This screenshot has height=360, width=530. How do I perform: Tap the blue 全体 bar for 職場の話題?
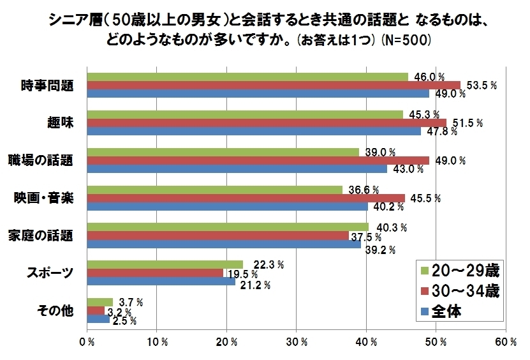(237, 169)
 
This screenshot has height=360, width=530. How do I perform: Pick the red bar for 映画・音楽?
(246, 198)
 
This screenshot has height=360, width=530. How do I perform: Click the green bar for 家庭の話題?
(227, 227)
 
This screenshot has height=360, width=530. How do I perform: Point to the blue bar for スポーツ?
(161, 281)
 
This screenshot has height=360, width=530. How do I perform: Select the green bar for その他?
(99, 302)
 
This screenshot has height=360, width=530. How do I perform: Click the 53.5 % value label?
(482, 85)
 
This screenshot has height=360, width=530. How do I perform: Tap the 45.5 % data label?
(425, 198)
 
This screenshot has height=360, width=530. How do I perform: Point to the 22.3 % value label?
(268, 264)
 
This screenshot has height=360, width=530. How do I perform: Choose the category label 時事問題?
(47, 86)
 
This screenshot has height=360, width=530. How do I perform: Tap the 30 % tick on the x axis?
(297, 342)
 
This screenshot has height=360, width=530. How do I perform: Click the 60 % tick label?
(506, 342)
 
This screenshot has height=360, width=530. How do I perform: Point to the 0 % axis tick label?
(87, 342)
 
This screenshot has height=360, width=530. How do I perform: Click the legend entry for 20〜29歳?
(459, 269)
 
